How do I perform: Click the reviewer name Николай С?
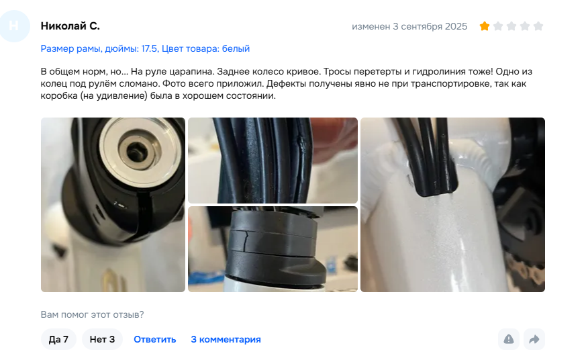[70, 26]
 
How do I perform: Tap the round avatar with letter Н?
[14, 26]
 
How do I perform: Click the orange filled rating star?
[485, 26]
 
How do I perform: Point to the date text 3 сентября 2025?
[430, 26]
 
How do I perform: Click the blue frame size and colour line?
[145, 48]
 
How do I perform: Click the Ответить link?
[155, 339]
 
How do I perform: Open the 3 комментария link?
[226, 339]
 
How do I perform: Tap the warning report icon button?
[509, 339]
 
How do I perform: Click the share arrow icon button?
[534, 339]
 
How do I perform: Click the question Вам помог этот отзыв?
[92, 314]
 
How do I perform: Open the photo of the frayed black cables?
[273, 161]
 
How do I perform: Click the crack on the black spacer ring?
[246, 240]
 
